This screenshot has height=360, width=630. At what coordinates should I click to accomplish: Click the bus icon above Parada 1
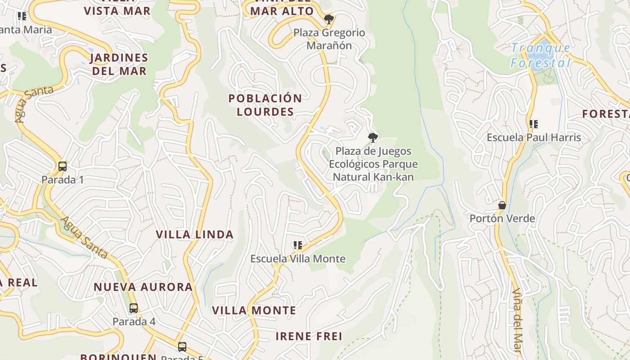pos(63,166)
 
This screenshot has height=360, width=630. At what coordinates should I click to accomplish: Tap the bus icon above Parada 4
pos(134,308)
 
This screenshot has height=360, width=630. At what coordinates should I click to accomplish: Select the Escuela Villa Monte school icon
pos(297,245)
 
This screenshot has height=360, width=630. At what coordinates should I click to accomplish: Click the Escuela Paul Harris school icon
pos(534,124)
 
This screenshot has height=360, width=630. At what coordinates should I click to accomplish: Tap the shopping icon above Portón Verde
pos(502,205)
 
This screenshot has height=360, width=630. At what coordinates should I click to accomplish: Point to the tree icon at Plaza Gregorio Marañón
pos(329,19)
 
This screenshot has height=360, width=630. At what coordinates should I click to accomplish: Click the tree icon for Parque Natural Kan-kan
pos(373,137)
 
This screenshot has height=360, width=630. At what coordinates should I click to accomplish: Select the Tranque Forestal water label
pos(540,55)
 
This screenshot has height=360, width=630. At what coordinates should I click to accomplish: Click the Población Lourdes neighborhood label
pos(265,105)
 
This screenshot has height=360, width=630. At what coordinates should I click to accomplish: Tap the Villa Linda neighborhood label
pos(194,234)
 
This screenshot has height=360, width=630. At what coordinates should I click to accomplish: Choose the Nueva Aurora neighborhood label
pos(143,287)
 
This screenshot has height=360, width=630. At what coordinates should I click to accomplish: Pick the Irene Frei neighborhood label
pos(309,336)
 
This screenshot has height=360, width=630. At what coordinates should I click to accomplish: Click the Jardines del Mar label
pos(119,64)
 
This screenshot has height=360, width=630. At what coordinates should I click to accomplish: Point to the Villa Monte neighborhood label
pos(254,310)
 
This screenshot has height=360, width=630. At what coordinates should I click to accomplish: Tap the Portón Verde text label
pos(502,219)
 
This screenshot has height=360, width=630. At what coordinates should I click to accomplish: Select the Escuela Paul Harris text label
pos(534,137)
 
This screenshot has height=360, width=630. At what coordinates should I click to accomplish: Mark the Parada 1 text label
pos(63,180)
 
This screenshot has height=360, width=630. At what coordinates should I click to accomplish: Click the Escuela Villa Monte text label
pos(298,259)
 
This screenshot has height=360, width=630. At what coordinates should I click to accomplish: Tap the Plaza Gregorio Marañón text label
pos(329,39)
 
